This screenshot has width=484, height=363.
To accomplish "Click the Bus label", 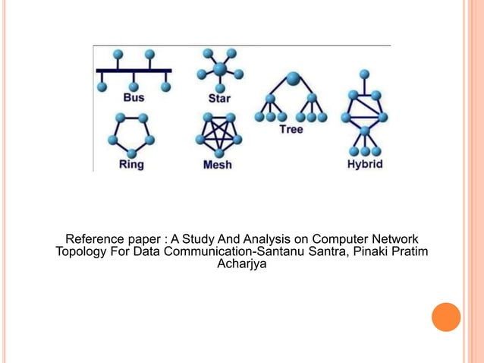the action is click(134, 97).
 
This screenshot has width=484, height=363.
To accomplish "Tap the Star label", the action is click(220, 98).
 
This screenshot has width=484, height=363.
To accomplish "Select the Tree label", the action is click(291, 130).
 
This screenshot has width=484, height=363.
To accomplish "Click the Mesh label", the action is click(218, 163).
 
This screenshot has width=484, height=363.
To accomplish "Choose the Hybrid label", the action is click(365, 163).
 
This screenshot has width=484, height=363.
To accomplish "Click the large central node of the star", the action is click(219, 69).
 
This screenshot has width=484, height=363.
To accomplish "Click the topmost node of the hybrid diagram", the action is click(365, 74).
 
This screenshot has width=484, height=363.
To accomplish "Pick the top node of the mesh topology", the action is click(218, 118).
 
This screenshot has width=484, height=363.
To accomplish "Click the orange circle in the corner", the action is click(446, 317).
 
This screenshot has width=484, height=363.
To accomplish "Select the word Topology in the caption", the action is click(80, 252).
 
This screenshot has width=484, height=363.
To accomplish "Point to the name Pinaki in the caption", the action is click(356, 252).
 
